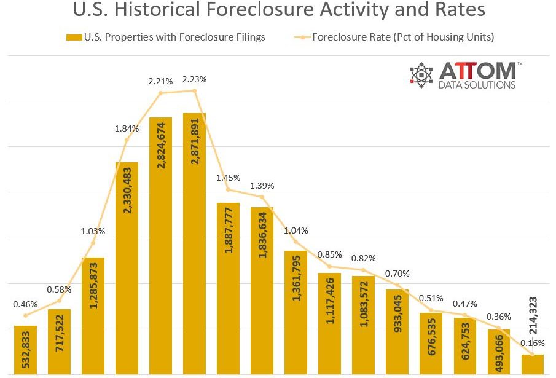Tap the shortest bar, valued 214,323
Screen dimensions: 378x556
[532, 364]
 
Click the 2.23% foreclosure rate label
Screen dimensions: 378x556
[194, 79]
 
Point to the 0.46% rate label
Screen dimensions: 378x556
[25, 304]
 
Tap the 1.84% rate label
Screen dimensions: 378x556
[127, 128]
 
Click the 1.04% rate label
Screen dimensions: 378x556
[296, 230]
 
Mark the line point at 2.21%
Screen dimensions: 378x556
[160, 93]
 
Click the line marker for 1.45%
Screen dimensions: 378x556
[228, 189]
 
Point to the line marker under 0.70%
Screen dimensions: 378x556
[397, 285]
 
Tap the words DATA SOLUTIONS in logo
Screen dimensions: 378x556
[477, 85]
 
